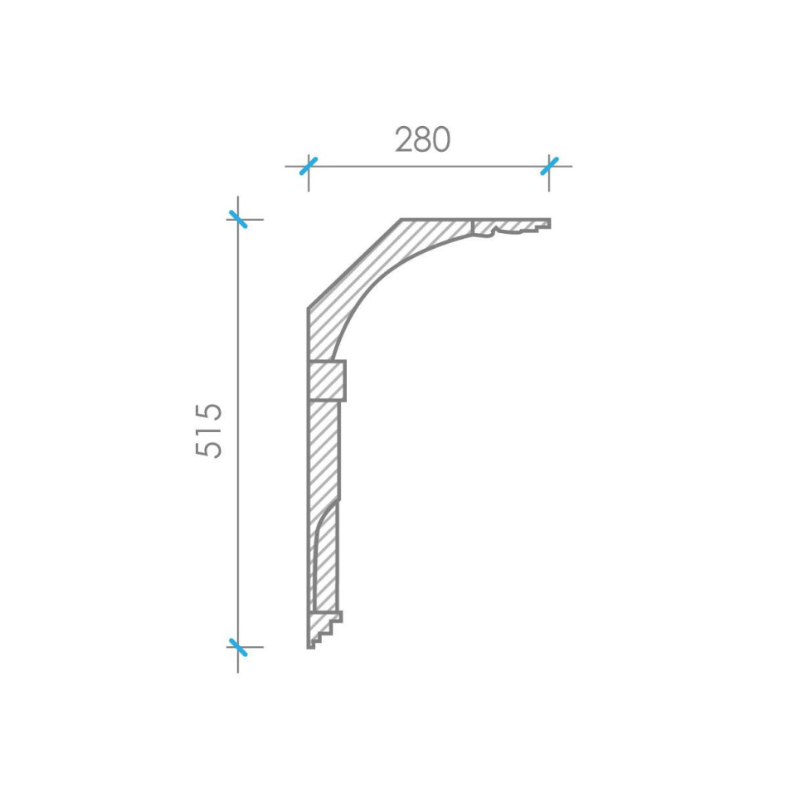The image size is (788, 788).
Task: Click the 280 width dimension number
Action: [422, 139]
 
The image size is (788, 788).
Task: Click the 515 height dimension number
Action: [208, 430]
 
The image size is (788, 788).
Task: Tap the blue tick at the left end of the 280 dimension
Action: [308, 166]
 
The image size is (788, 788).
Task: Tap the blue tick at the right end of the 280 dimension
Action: [549, 166]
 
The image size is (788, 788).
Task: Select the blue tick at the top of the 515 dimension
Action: [238, 219]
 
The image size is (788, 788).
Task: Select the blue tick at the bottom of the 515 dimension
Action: [238, 647]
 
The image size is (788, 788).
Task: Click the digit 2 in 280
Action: [404, 139]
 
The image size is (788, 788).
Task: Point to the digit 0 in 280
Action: [441, 139]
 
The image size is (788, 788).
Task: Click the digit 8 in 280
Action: [423, 139]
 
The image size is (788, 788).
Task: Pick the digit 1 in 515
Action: [208, 430]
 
